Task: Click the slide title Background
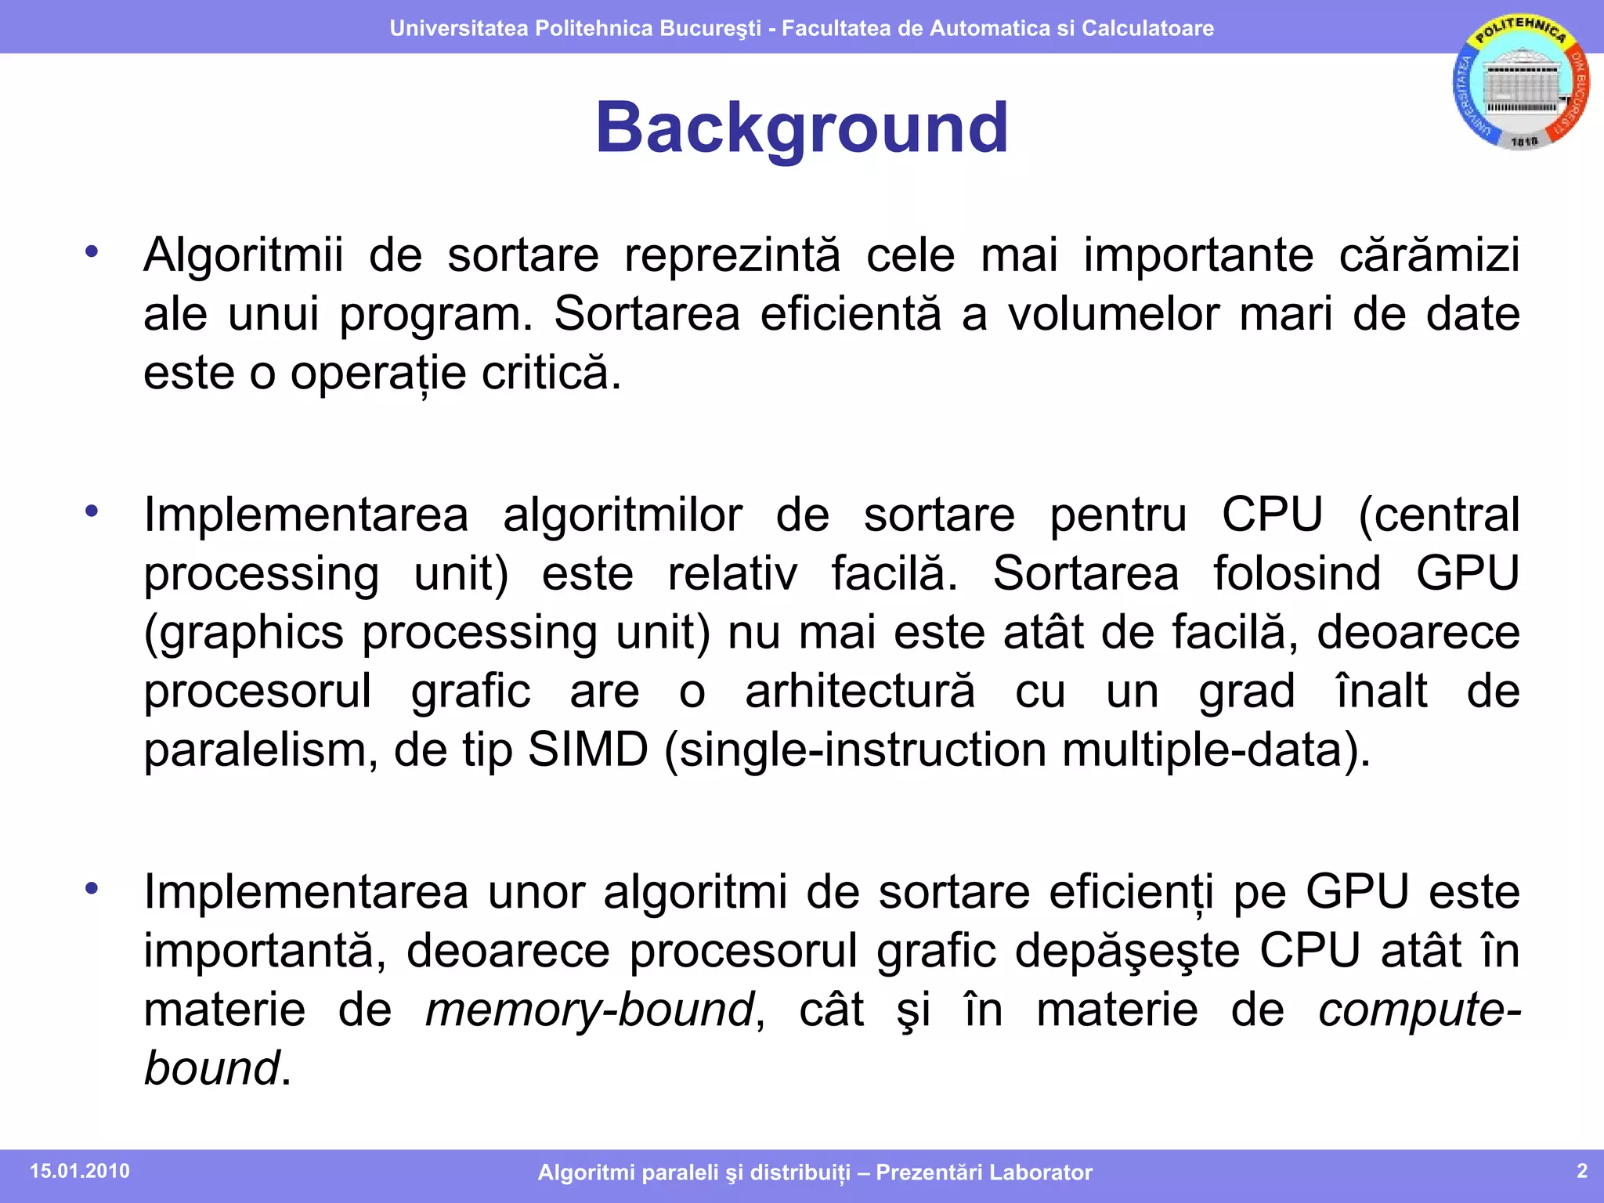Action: coord(801,128)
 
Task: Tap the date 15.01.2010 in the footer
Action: coord(80,1171)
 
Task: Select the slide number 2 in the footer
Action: coord(1581,1170)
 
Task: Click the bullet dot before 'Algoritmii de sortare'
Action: coord(92,251)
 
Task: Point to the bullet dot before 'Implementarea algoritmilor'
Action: coord(92,511)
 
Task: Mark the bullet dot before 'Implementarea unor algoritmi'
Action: coord(92,888)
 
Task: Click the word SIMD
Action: coord(588,750)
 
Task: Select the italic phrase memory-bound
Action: coord(590,1009)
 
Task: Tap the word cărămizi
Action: coord(1429,255)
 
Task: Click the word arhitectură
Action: coord(860,691)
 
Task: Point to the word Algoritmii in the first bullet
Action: coord(244,255)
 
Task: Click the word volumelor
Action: coord(1113,314)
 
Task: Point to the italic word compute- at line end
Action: coord(1418,1010)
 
